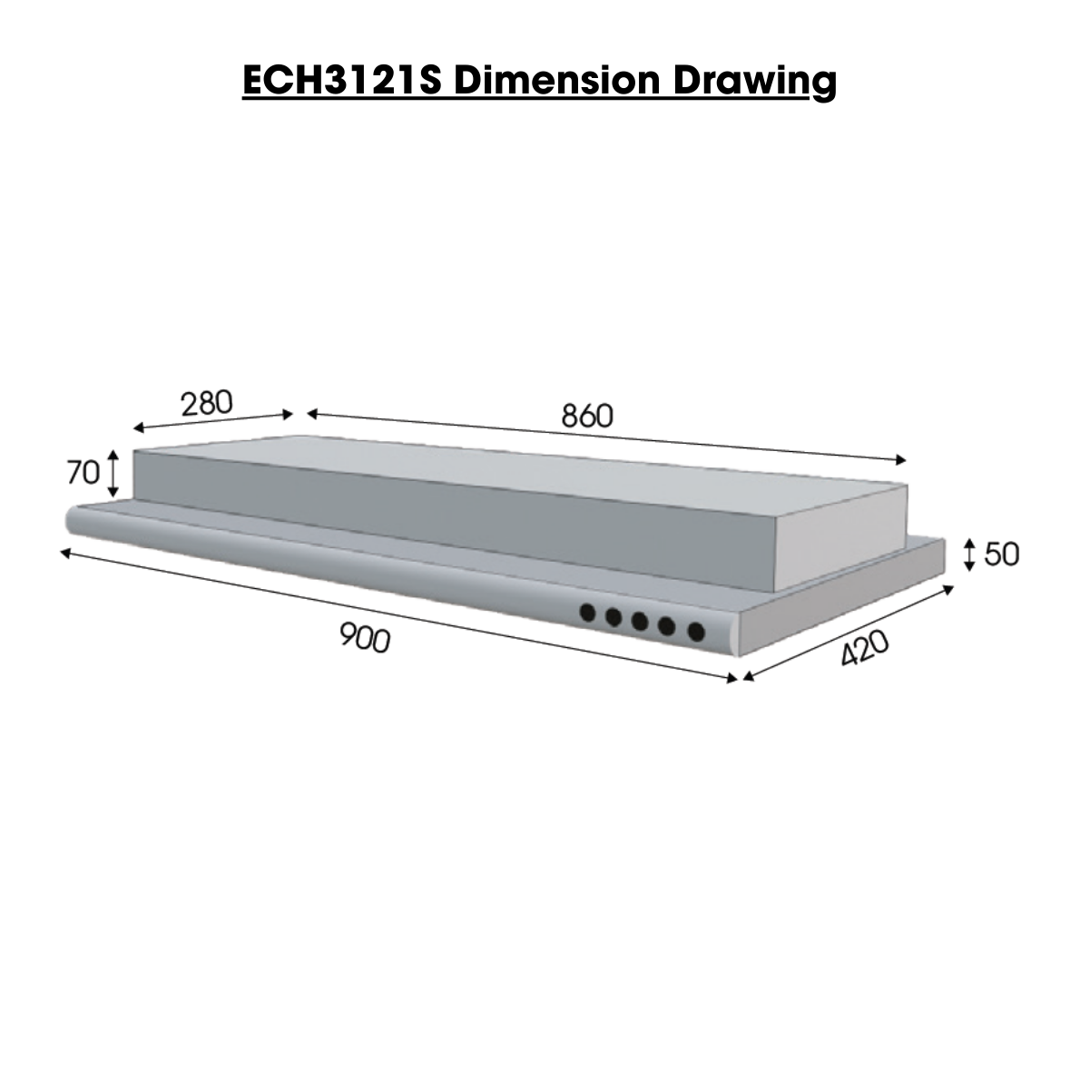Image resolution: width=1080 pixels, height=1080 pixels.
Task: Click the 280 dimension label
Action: [207, 402]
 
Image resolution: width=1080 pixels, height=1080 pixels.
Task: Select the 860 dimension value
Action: [587, 416]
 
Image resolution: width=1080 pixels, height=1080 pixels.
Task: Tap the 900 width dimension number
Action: [365, 638]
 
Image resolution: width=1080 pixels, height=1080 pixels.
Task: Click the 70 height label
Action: [82, 472]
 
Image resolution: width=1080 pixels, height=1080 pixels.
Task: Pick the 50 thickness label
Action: [1002, 554]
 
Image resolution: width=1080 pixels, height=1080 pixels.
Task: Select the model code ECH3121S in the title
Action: [343, 81]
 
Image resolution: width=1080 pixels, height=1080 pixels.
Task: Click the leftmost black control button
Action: [589, 614]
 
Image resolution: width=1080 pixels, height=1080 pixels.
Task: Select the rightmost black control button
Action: [696, 631]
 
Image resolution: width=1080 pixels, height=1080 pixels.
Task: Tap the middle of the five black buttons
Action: [641, 622]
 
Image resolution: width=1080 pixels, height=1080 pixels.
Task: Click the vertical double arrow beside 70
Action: [113, 472]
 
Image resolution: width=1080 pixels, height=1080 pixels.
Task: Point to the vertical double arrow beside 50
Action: [969, 554]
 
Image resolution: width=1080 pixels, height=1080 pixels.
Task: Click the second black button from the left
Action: [614, 618]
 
